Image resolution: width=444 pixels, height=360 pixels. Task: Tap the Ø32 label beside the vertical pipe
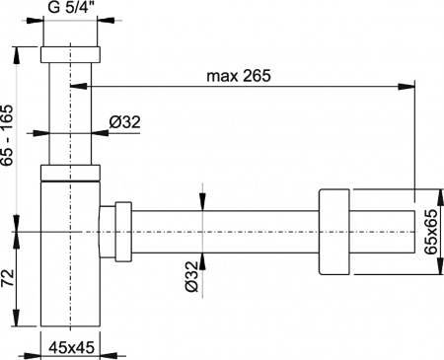[x=126, y=121]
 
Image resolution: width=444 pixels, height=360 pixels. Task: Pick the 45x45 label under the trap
[x=71, y=346]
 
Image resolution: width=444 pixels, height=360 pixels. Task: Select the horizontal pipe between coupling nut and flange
[x=227, y=233]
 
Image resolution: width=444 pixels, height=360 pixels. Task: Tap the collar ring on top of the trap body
[x=72, y=174]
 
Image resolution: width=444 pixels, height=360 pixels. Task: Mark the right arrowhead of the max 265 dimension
[x=407, y=87]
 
